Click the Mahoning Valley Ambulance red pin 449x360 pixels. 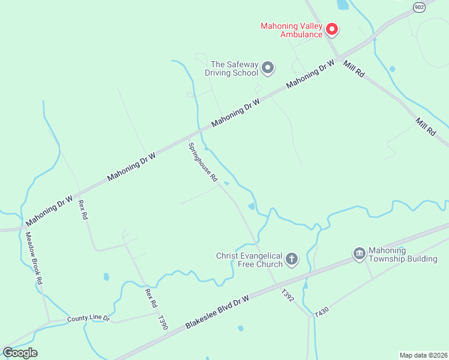click(331, 29)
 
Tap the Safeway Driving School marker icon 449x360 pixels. click(268, 68)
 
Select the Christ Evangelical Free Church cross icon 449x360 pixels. click(292, 259)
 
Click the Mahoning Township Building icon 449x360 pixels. click(360, 254)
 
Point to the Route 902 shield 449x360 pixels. click(419, 6)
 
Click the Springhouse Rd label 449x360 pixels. click(203, 163)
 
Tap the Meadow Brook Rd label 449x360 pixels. click(34, 258)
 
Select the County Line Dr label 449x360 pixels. click(89, 319)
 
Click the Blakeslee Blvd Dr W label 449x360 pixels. click(226, 306)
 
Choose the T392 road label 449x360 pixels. click(288, 295)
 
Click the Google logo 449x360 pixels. click(20, 352)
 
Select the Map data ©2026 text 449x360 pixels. click(423, 355)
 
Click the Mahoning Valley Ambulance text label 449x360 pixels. click(292, 30)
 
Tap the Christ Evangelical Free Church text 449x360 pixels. click(249, 260)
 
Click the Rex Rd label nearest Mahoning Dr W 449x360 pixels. click(83, 209)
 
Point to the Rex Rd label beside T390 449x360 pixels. click(149, 298)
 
